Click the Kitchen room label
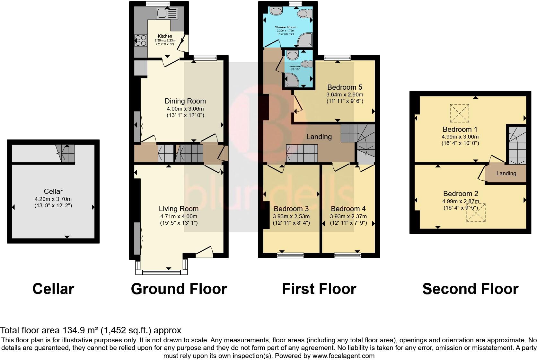165,36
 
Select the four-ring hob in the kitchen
140,41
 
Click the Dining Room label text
185,101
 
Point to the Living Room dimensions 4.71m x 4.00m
179,216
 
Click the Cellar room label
53,192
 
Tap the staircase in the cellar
66,153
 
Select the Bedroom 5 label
345,87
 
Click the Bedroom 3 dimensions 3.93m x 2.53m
291,216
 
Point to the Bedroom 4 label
348,209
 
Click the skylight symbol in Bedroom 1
459,113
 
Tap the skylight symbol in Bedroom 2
476,213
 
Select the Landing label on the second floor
506,174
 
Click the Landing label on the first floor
319,137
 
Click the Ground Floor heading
179,289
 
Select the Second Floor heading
470,289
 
